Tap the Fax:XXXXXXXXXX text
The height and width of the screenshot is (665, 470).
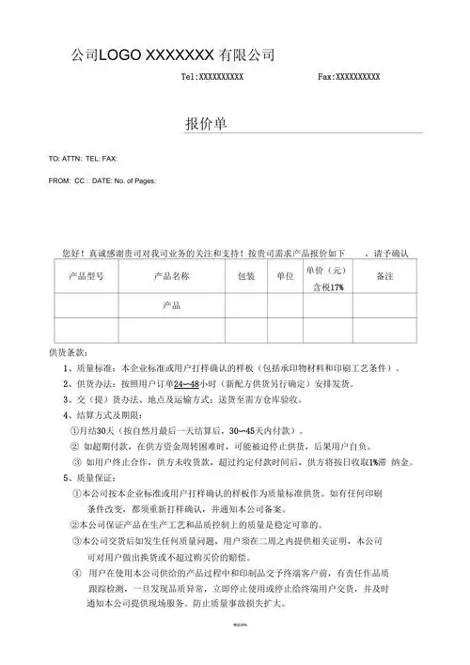point(349,76)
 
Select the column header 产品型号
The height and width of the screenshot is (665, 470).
point(92,277)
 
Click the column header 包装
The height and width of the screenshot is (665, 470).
point(244,277)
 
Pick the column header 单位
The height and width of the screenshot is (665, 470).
point(285,277)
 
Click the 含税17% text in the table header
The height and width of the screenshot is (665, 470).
point(328,287)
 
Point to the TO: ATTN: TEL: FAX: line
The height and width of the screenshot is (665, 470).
point(82,159)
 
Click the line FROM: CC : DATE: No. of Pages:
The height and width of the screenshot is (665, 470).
point(102,180)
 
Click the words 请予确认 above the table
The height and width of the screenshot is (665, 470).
point(389,254)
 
